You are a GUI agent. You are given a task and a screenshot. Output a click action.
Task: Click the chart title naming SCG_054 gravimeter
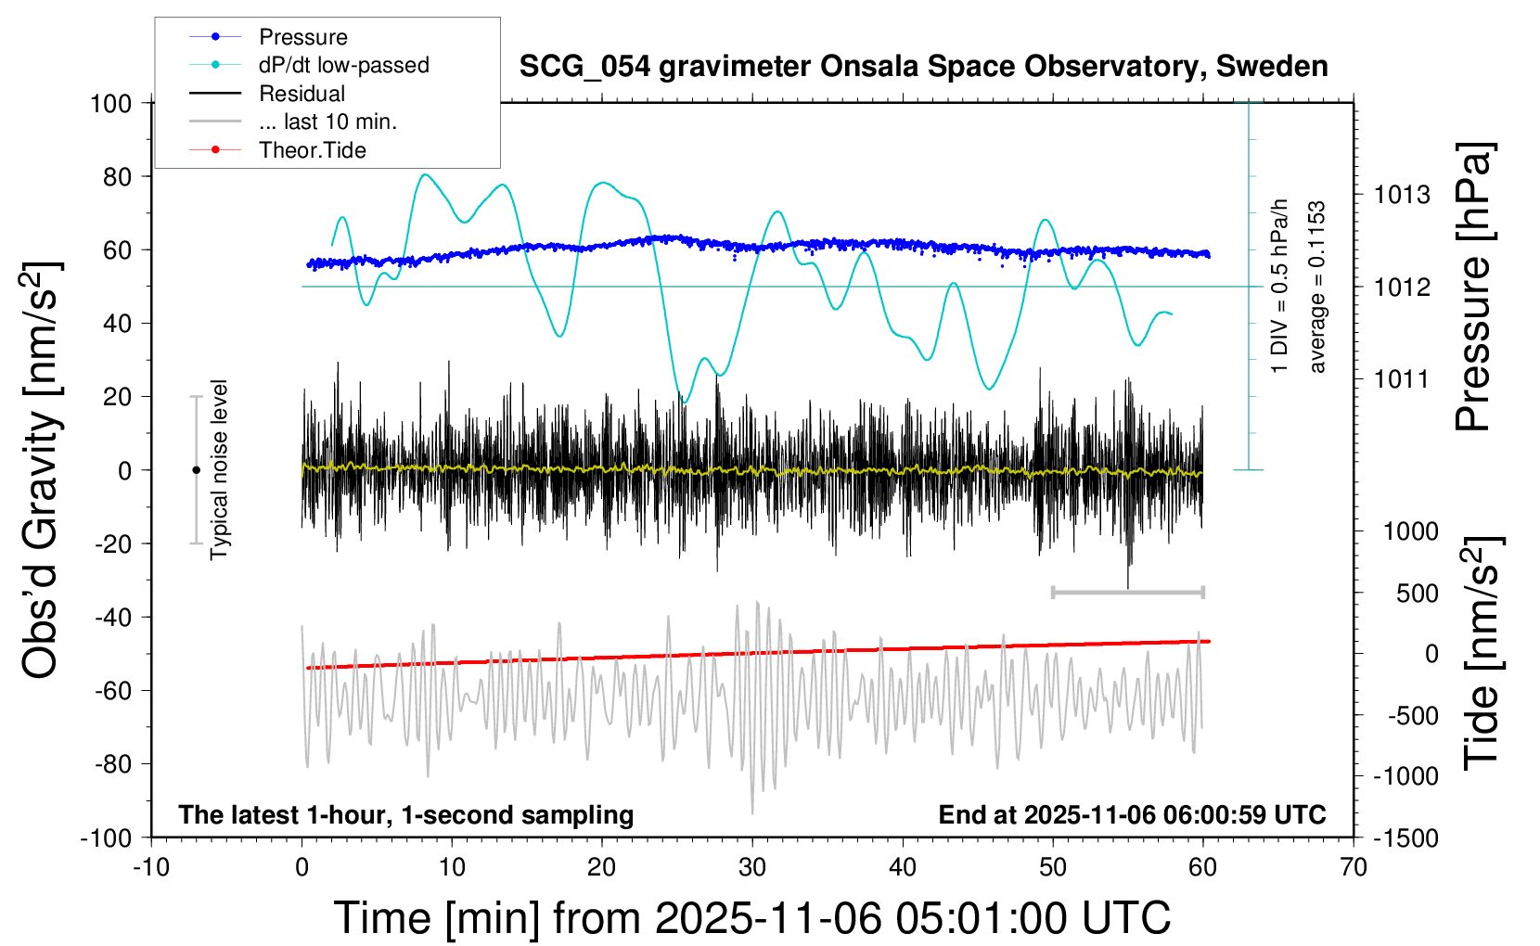[x=923, y=67]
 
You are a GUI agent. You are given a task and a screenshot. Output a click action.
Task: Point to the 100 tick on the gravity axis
[x=110, y=103]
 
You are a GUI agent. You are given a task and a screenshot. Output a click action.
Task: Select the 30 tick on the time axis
[x=752, y=868]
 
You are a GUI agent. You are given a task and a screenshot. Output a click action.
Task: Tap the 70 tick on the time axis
[x=1354, y=868]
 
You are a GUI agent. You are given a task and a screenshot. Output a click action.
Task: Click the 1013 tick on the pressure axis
[x=1402, y=195]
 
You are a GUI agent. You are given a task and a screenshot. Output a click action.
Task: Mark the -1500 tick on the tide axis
[x=1405, y=838]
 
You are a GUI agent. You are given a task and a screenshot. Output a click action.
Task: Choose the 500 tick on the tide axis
[x=1417, y=594]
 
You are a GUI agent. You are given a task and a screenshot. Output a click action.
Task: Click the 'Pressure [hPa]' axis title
[x=1472, y=288]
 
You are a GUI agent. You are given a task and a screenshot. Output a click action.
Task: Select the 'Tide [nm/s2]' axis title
[x=1482, y=653]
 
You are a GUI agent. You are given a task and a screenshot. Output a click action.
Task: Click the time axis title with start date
[x=752, y=918]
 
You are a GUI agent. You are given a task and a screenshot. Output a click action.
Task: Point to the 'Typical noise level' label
[x=219, y=470]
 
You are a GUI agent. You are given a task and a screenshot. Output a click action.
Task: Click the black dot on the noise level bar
[x=196, y=470]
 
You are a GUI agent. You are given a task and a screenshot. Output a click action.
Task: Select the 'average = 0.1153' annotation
[x=1317, y=288]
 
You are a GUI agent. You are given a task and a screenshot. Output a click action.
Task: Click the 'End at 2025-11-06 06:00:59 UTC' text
[x=1132, y=815]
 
